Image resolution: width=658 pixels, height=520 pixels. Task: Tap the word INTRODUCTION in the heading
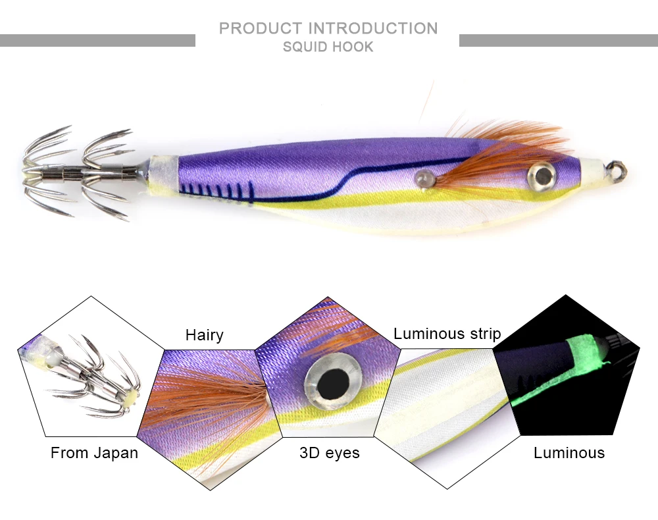click(373, 28)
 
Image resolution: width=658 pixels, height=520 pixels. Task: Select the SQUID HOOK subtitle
click(328, 47)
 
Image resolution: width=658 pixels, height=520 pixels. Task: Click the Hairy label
click(204, 335)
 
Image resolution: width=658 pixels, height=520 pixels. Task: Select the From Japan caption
click(94, 453)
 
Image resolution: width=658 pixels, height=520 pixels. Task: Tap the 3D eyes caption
click(329, 453)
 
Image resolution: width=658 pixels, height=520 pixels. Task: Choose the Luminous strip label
click(447, 334)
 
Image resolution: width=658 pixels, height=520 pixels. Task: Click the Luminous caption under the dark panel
click(569, 453)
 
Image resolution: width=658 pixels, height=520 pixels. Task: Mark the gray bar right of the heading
click(558, 40)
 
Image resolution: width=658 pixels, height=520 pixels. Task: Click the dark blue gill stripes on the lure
click(216, 192)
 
